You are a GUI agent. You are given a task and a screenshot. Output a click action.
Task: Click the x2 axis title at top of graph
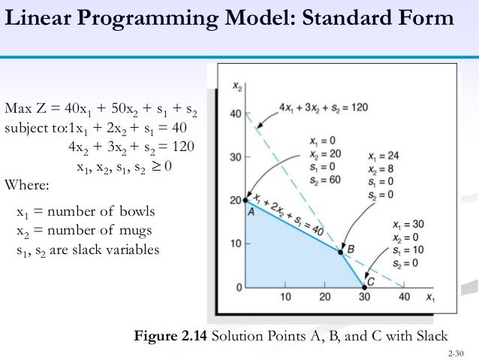[237, 86]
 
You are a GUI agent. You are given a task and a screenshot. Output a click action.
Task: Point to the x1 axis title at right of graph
[429, 297]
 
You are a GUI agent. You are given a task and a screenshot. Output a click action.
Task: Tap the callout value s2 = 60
[324, 180]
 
